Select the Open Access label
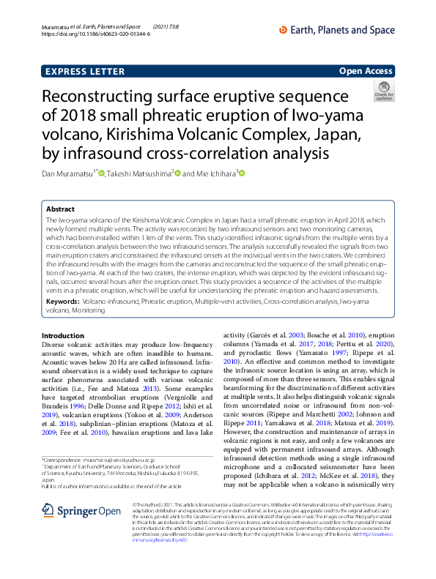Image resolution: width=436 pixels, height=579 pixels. [366, 71]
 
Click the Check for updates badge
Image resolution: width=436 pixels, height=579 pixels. [383, 91]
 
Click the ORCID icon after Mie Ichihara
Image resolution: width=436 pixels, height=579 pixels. [240, 173]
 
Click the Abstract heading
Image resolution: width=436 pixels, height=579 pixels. [60, 209]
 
